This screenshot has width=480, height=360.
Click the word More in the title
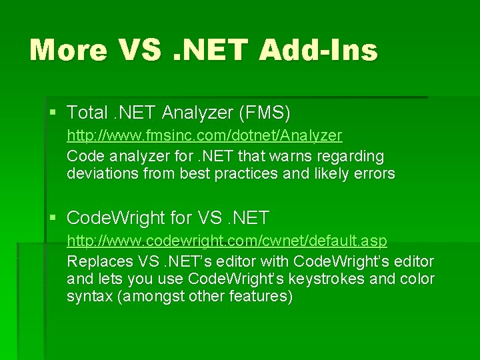[x=69, y=50]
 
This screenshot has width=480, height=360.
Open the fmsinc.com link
[x=204, y=135]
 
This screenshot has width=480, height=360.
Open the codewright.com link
[x=227, y=239]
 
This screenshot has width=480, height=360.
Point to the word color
[x=417, y=279]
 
